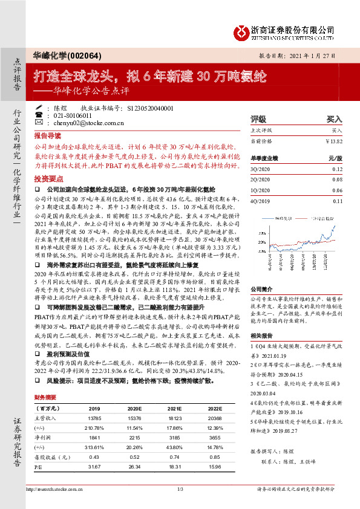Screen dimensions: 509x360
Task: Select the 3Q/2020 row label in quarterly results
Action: pos(260,170)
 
